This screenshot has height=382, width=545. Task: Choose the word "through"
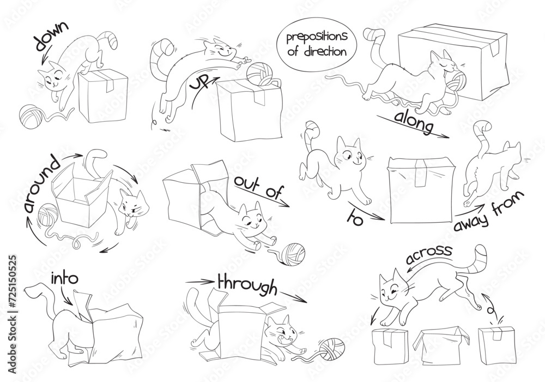(247, 283)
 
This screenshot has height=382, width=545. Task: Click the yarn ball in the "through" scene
(332, 348)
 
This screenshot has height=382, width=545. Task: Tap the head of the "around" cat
(131, 206)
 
